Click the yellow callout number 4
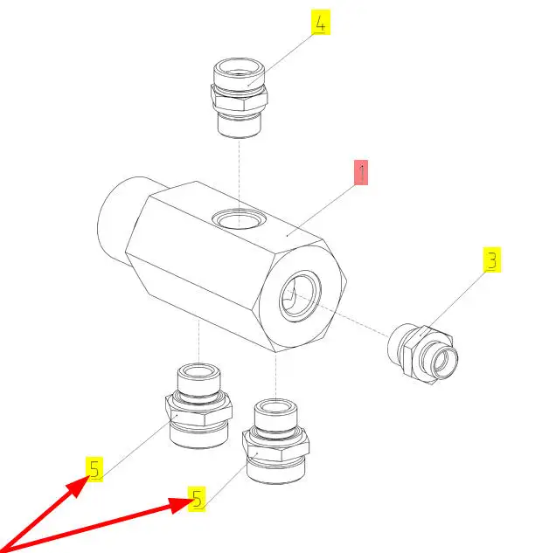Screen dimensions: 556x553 [321, 22]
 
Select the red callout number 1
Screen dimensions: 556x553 [361, 172]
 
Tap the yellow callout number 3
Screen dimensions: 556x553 [492, 259]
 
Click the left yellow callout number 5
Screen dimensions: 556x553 [94, 469]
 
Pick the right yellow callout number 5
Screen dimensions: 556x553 [197, 499]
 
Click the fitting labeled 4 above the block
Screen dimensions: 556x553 [240, 98]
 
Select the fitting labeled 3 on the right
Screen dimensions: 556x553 [422, 354]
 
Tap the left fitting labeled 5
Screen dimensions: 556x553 [198, 405]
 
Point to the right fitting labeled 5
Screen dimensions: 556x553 [276, 441]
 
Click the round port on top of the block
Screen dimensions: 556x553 [239, 219]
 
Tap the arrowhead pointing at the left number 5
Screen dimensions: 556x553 [78, 486]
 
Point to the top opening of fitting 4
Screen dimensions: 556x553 [239, 68]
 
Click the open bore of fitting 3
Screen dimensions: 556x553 [443, 362]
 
